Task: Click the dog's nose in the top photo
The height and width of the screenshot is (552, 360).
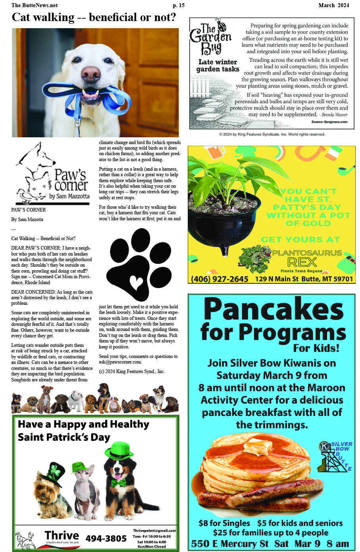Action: (91, 73)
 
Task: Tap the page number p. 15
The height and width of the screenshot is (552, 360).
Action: (179, 5)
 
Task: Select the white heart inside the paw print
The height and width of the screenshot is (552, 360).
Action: (136, 283)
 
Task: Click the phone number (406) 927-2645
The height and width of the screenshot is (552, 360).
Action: (219, 279)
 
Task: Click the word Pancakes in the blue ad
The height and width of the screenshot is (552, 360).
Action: (273, 309)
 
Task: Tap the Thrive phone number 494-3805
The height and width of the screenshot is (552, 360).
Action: (106, 539)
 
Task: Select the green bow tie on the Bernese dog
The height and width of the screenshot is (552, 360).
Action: (118, 483)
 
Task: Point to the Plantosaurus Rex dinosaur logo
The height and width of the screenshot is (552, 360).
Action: (254, 258)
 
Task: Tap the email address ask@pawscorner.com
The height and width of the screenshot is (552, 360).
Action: (120, 362)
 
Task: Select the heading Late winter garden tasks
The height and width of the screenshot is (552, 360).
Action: (218, 65)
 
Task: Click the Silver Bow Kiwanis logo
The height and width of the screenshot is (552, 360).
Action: (335, 456)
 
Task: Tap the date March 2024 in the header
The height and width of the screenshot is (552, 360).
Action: (333, 5)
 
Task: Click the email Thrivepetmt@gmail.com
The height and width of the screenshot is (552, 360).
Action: (154, 531)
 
